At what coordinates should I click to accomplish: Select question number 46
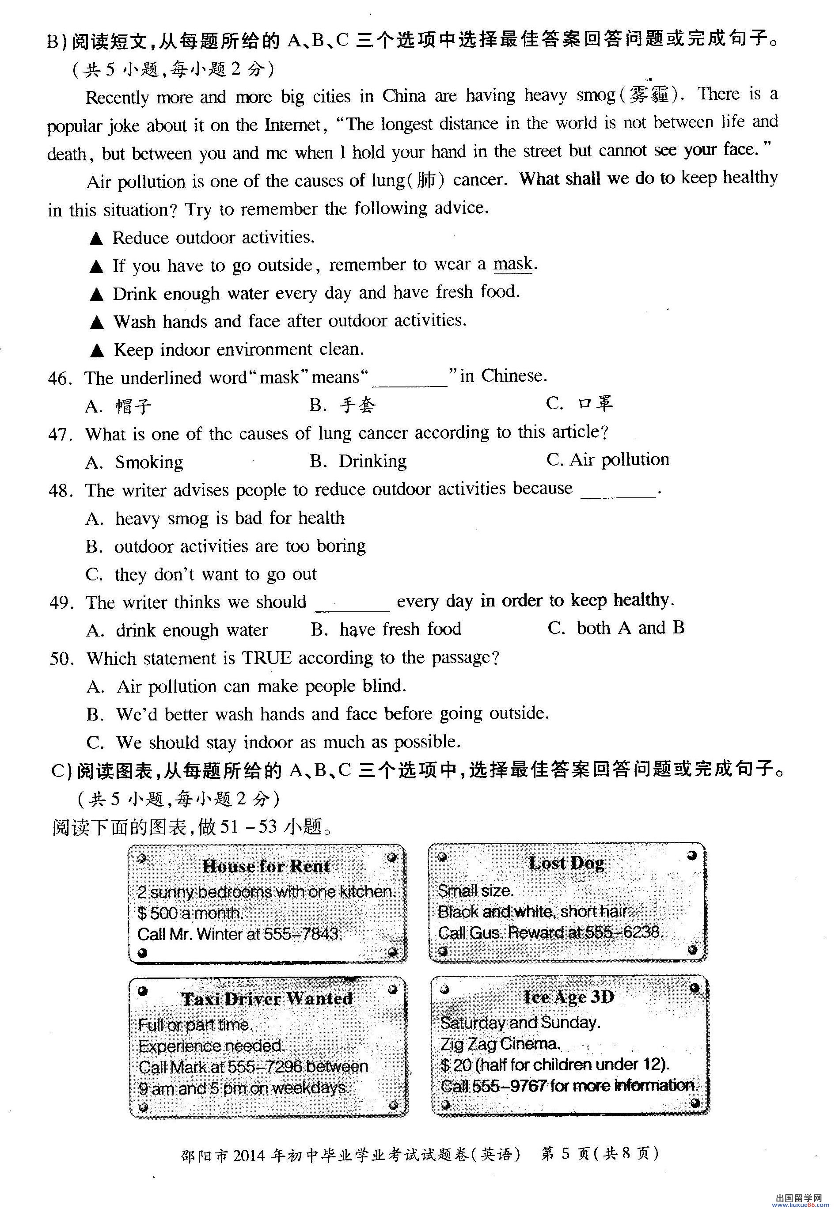pyautogui.click(x=60, y=378)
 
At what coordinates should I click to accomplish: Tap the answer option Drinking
pyautogui.click(x=372, y=461)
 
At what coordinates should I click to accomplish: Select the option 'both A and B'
pyautogui.click(x=630, y=628)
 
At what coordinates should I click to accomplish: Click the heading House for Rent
pyautogui.click(x=266, y=866)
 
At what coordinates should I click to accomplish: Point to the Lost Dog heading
pyautogui.click(x=566, y=863)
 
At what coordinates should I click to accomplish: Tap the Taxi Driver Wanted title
pyautogui.click(x=267, y=999)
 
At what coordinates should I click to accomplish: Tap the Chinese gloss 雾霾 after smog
pyautogui.click(x=649, y=95)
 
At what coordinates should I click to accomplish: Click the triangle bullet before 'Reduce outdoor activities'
pyautogui.click(x=96, y=239)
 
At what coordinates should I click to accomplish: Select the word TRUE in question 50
pyautogui.click(x=266, y=658)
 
